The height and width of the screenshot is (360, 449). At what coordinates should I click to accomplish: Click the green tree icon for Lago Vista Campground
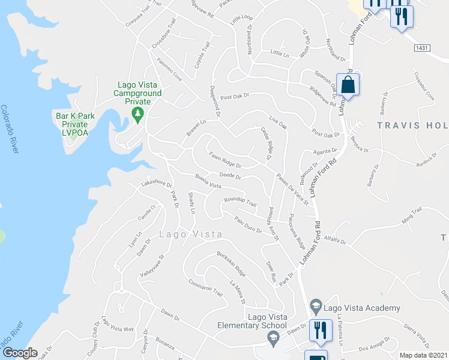pos(139,115)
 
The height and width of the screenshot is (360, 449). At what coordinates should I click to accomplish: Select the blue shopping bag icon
pos(348,85)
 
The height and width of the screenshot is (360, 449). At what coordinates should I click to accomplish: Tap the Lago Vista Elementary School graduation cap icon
pos(273,339)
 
